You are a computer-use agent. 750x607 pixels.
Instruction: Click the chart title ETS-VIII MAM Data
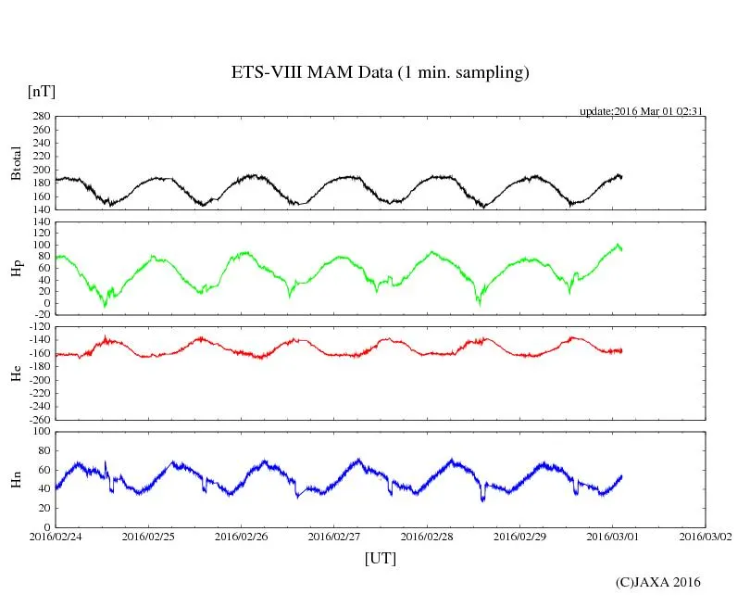point(380,73)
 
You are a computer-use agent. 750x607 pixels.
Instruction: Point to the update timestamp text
point(642,111)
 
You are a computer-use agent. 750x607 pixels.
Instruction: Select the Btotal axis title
point(16,163)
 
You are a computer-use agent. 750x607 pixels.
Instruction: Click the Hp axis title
point(16,270)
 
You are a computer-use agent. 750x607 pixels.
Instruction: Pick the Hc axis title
point(16,373)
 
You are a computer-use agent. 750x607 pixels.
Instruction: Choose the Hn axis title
point(16,479)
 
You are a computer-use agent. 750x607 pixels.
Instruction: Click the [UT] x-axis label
point(380,558)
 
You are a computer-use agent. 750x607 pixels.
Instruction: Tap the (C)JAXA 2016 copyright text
point(657,582)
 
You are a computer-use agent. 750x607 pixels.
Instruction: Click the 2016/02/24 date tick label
point(56,536)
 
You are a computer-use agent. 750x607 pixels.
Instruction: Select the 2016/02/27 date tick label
point(334,536)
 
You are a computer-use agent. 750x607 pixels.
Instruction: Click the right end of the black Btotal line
point(621,176)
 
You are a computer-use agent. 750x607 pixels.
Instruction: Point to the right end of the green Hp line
point(621,249)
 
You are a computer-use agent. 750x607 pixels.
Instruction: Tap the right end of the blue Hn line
point(621,475)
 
